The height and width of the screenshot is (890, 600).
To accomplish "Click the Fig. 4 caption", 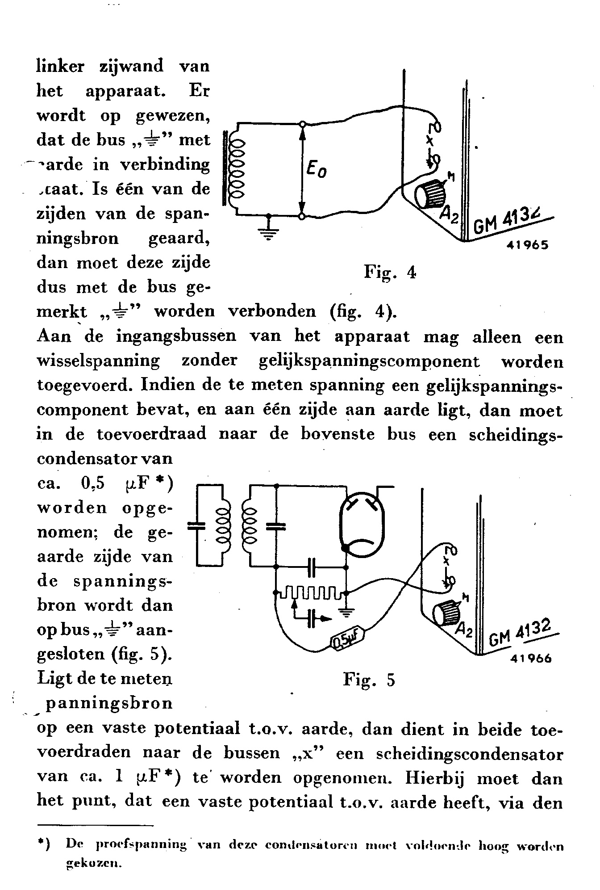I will tap(390, 272).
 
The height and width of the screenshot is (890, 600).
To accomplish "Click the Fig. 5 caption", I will tap(369, 680).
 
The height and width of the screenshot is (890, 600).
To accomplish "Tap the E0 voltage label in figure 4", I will tap(317, 170).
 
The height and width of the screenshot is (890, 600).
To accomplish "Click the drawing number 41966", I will tap(530, 658).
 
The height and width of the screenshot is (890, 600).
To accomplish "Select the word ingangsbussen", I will tap(176, 336).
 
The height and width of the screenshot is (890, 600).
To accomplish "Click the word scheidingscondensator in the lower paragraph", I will tap(469, 754).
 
